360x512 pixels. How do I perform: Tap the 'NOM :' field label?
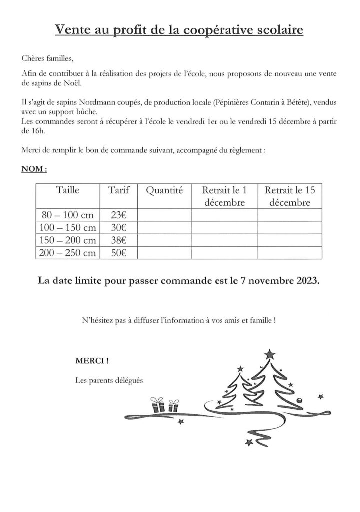(34, 169)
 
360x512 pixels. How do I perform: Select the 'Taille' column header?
(68, 190)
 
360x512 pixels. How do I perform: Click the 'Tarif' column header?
(118, 190)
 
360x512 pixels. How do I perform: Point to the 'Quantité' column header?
(164, 190)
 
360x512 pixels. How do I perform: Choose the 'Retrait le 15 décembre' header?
(290, 196)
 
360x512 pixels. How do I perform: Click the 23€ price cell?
(118, 215)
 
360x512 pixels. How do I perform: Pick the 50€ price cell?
(118, 253)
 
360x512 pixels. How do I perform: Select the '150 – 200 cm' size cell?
(68, 240)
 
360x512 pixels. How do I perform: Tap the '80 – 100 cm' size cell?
(68, 215)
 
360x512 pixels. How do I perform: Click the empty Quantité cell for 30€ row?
(164, 228)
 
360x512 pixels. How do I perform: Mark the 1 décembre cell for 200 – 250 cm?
(224, 253)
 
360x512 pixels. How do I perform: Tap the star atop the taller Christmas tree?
(270, 354)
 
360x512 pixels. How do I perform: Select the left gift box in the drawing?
(158, 405)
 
